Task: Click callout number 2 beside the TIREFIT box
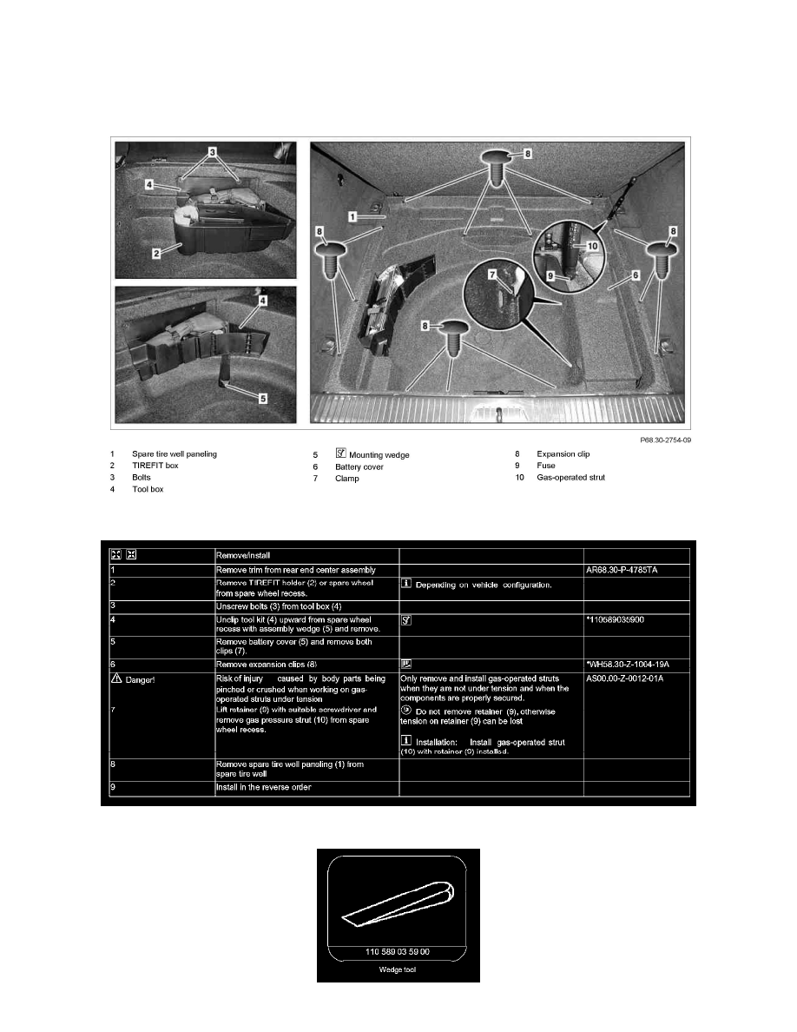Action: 155,253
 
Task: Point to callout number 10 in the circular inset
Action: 592,246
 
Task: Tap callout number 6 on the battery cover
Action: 635,274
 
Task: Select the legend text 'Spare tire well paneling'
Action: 175,453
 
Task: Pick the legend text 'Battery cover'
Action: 359,466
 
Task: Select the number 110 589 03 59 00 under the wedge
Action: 398,952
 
